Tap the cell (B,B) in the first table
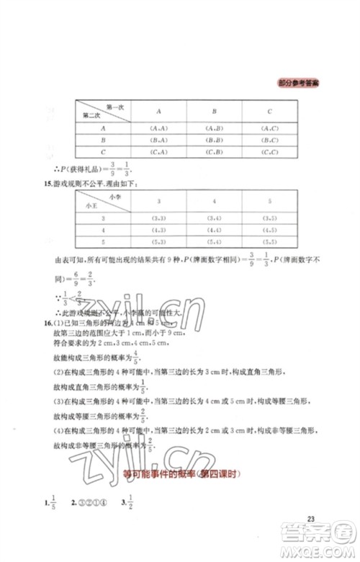[x=214, y=140]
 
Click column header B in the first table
[x=214, y=111]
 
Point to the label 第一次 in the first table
[x=114, y=106]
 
